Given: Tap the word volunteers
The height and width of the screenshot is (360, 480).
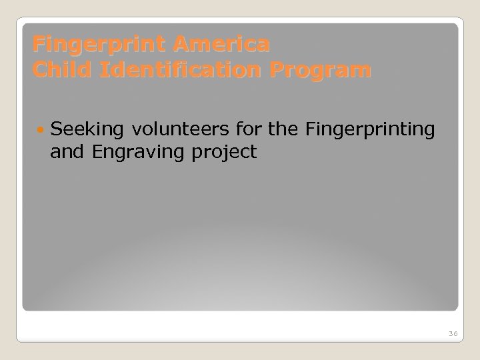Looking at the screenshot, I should (181, 127).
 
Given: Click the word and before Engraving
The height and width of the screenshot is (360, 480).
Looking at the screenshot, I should (65, 152).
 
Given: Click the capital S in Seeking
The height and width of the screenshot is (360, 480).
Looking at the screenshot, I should (55, 127).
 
